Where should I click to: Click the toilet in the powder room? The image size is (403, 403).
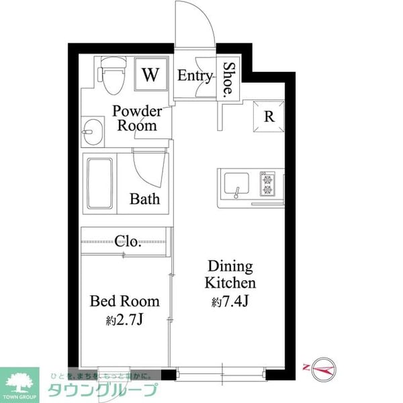[112, 75]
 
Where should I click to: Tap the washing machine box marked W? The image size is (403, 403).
[151, 75]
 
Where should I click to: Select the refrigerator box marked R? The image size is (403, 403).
[269, 116]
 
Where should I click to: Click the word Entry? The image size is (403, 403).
[195, 75]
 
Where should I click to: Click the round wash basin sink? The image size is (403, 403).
[93, 132]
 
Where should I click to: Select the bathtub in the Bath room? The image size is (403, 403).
[99, 183]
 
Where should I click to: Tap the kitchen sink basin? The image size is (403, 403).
[236, 183]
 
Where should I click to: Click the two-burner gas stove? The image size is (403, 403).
[267, 183]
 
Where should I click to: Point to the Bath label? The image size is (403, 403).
[144, 199]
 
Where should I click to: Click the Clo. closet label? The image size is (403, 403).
[128, 241]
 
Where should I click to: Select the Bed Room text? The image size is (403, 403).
[125, 301]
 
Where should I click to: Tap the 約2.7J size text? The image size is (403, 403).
[124, 320]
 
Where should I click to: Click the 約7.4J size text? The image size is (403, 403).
[230, 301]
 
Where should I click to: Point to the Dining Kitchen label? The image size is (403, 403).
[230, 275]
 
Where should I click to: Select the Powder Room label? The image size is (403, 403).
[137, 118]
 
